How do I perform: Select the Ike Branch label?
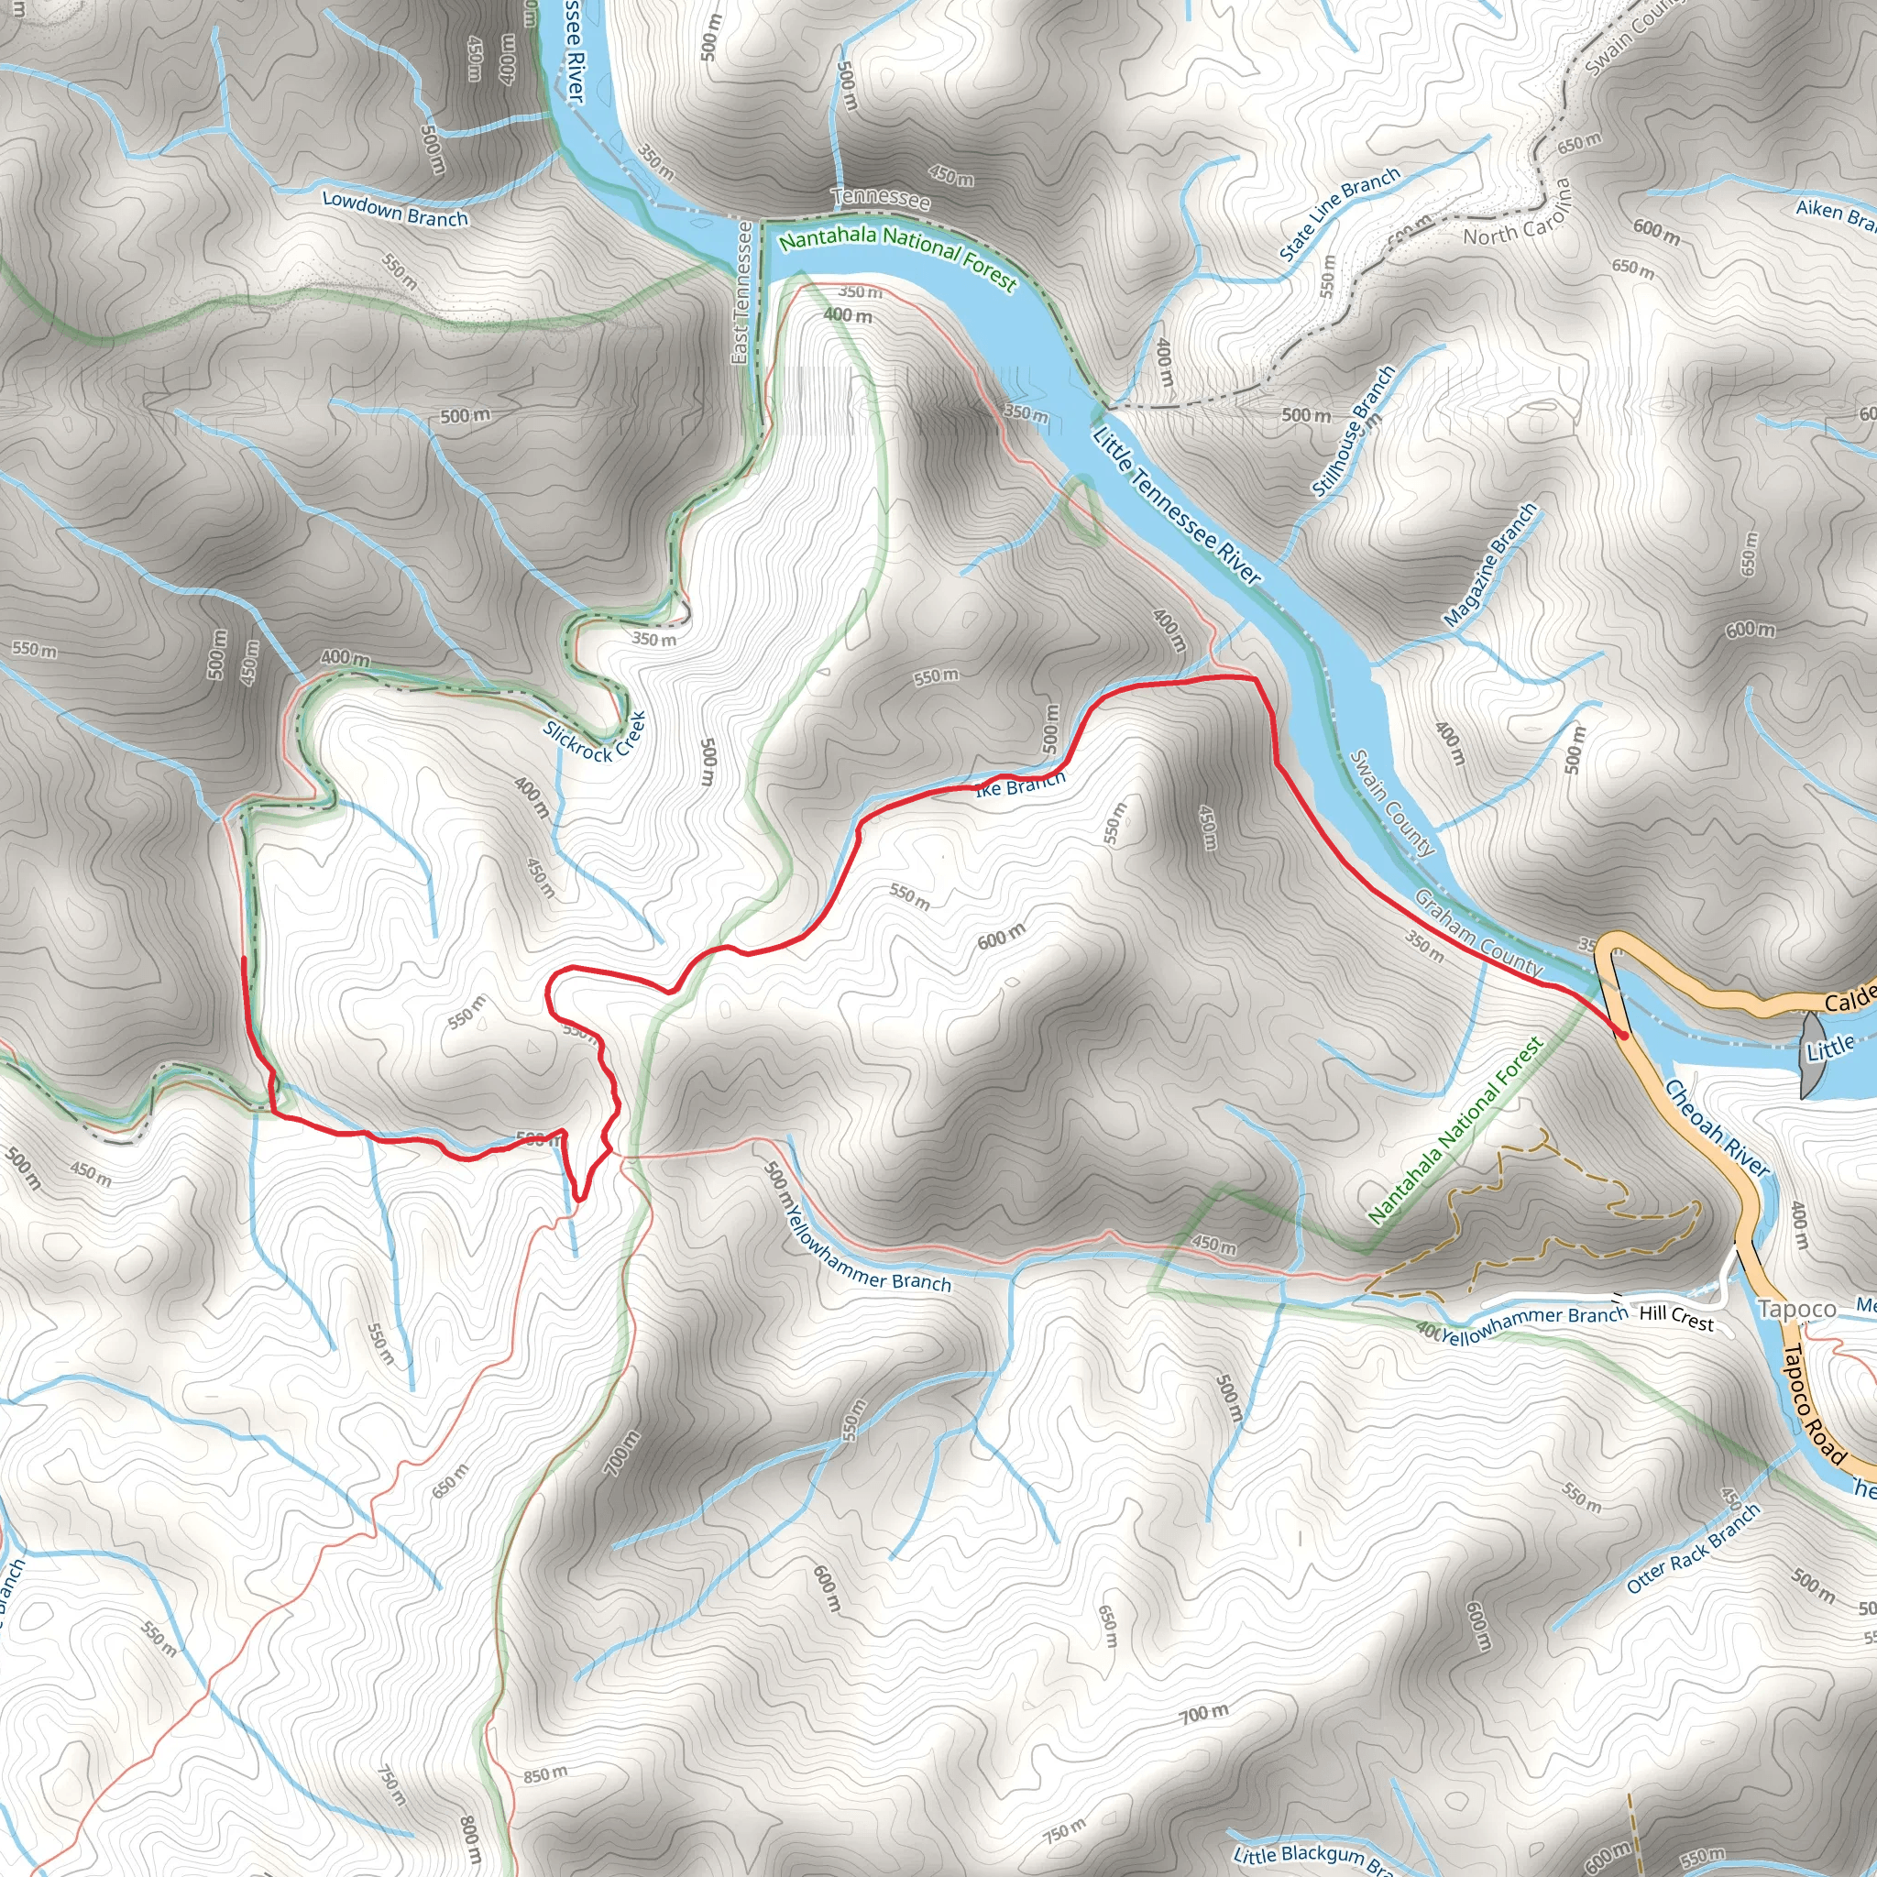pos(1020,783)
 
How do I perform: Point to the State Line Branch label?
pos(1340,214)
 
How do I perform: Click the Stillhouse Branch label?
pos(1354,431)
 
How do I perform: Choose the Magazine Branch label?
pos(1489,565)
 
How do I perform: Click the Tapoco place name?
pos(1796,1310)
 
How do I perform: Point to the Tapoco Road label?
pos(1814,1403)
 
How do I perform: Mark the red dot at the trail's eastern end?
pos(1623,1036)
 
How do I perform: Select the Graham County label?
pos(1477,933)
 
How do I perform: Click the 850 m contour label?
pos(545,1775)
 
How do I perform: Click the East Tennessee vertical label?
pos(741,292)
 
